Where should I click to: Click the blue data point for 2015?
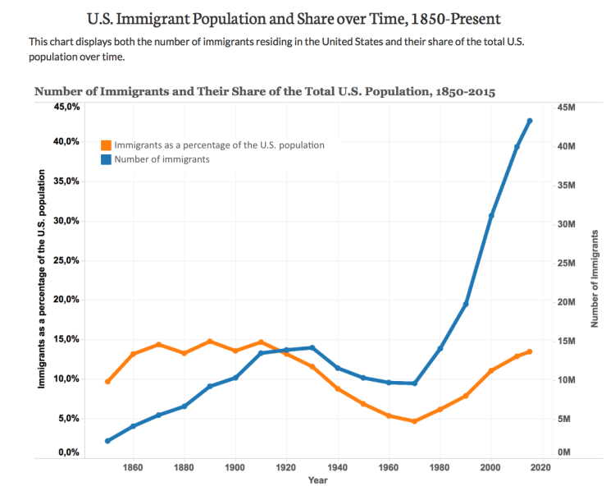[530, 121]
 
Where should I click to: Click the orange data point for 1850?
[107, 382]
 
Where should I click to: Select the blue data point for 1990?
[466, 304]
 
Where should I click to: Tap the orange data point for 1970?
[415, 421]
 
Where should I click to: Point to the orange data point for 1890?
[210, 341]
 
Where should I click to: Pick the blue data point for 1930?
[312, 347]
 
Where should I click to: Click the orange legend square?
[106, 145]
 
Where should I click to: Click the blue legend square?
[106, 159]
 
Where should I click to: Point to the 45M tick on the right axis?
[566, 107]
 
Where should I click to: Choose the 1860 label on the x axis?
[133, 467]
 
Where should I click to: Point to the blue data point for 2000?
[491, 215]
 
